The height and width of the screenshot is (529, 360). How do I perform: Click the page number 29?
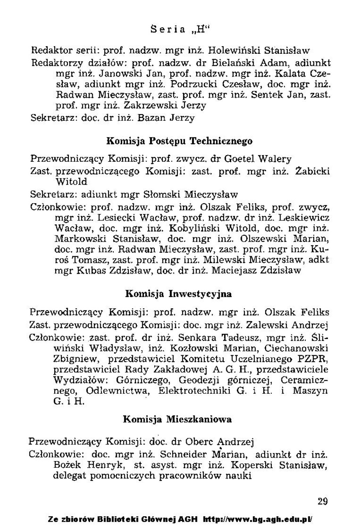pos(322,501)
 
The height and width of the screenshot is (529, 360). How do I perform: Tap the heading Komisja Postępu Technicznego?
pos(180,141)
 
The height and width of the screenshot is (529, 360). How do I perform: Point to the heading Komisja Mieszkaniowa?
pos(177,419)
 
